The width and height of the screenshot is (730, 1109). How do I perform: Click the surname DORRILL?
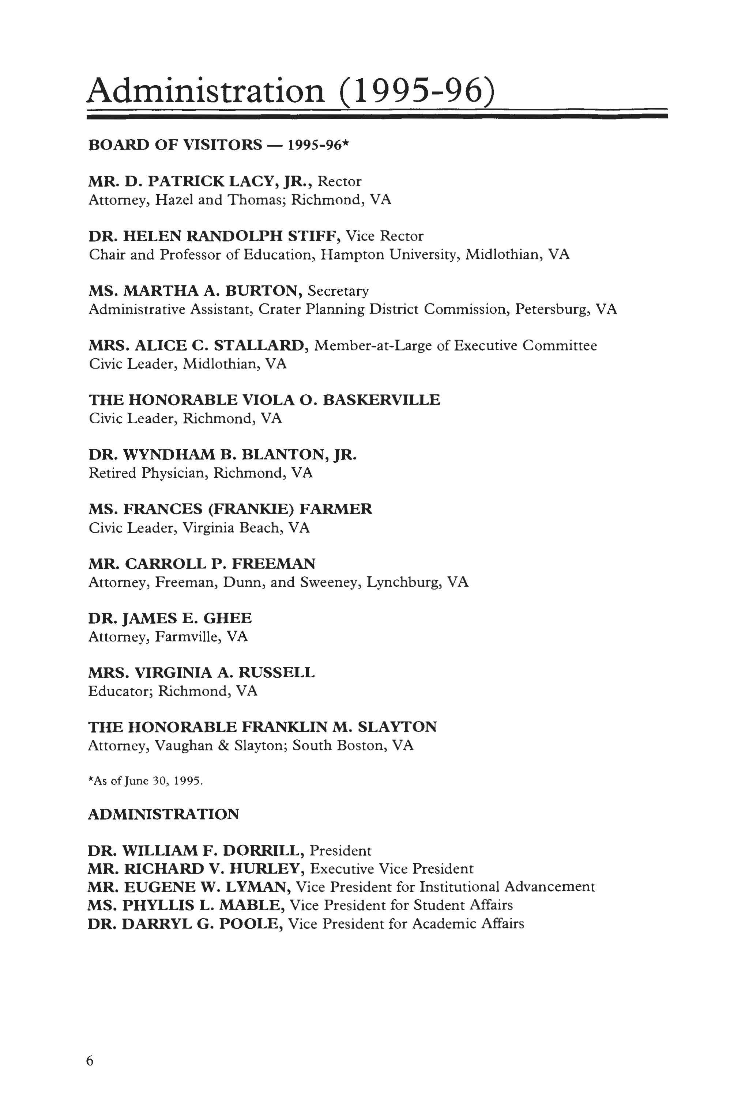261,851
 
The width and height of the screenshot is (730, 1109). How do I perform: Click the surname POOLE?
250,924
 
